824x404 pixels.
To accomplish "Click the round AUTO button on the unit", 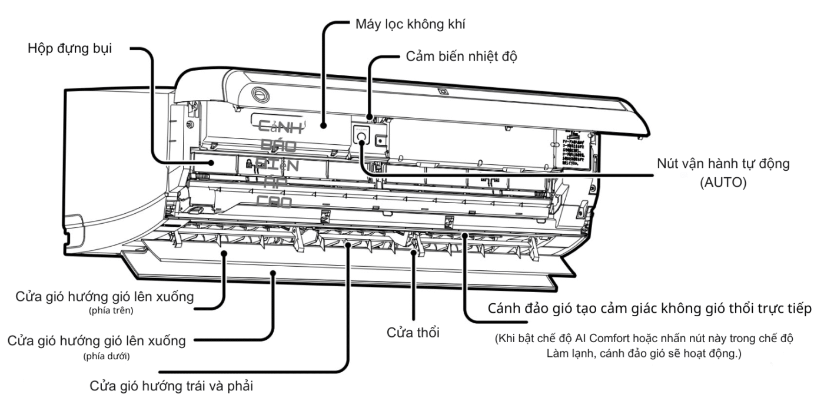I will click(x=360, y=137).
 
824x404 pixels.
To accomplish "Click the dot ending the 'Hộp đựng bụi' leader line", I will click(x=210, y=161).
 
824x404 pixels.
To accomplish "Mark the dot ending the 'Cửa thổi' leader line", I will click(x=417, y=253).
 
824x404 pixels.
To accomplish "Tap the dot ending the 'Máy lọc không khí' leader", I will click(x=323, y=125).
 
